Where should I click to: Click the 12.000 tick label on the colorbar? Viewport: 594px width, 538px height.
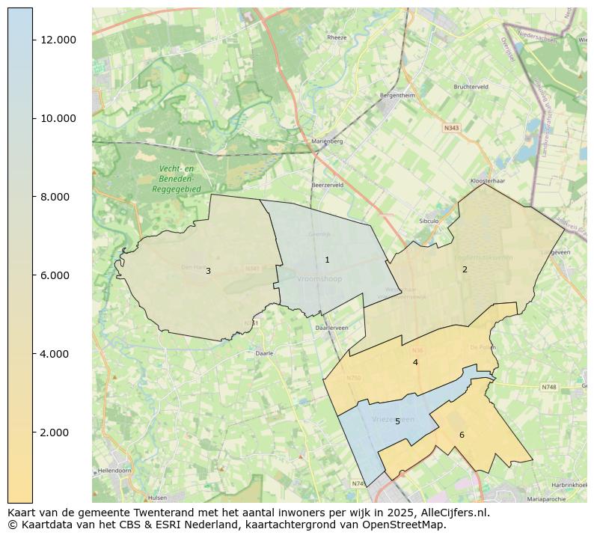(58, 40)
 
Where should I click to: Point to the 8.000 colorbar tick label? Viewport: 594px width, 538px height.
(55, 197)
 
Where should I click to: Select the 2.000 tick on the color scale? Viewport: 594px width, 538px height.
(55, 432)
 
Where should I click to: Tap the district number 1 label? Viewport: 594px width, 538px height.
(327, 260)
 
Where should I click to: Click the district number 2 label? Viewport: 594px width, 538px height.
(465, 269)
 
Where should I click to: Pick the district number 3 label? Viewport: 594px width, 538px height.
(208, 271)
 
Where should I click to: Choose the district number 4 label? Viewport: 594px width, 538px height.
(415, 362)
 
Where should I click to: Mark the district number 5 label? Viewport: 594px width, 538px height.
(397, 421)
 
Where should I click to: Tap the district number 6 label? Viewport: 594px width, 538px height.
(462, 435)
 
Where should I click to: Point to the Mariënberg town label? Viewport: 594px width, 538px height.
(327, 141)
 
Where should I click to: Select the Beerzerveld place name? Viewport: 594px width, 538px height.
(327, 184)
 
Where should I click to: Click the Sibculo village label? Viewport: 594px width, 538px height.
(429, 221)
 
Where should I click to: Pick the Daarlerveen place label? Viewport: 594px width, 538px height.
(331, 328)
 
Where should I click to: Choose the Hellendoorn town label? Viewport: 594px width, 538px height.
(114, 471)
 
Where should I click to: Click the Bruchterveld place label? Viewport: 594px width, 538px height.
(471, 87)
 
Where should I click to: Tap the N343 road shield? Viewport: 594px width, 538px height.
(451, 128)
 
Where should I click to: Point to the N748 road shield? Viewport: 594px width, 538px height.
(549, 387)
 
